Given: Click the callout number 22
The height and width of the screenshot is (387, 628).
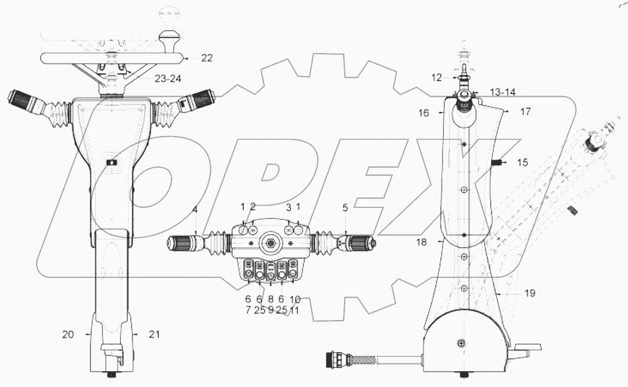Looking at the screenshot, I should click(x=206, y=58).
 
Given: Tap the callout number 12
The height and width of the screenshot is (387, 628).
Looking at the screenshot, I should click(x=436, y=76).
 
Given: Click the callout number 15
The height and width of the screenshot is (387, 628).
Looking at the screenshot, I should click(x=522, y=162).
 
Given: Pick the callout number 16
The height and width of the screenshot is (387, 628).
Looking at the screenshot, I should click(x=424, y=113).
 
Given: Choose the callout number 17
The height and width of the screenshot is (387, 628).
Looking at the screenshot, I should click(x=525, y=113).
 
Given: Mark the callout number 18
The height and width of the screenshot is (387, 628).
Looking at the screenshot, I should click(x=421, y=242).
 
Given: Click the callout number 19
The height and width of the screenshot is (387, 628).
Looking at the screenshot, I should click(x=530, y=293).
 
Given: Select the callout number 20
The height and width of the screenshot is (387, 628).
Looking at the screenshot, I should click(x=68, y=335).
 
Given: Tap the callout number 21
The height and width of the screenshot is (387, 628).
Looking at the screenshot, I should click(x=154, y=335).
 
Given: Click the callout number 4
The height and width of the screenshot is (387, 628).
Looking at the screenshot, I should click(x=195, y=208).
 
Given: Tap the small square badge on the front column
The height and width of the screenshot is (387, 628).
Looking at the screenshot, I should click(x=112, y=162).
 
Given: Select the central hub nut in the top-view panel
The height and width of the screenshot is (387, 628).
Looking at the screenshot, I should click(x=271, y=243).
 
